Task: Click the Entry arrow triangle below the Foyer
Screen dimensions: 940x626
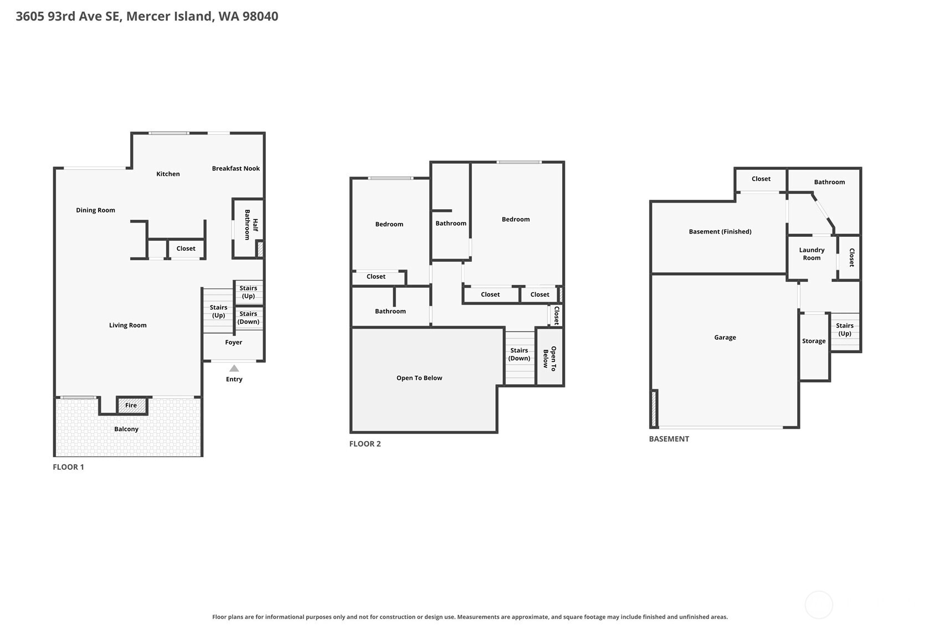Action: tap(234, 369)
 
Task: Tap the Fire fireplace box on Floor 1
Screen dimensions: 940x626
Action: tap(132, 406)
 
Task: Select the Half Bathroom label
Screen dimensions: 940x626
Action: tap(251, 225)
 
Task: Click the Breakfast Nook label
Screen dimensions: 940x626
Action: tap(236, 169)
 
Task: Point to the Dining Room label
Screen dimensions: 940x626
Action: tap(96, 210)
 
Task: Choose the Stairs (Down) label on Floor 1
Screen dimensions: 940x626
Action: tap(248, 318)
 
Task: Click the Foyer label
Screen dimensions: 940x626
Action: tap(234, 343)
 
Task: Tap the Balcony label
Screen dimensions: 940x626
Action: tap(126, 430)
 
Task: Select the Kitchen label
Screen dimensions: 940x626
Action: tap(168, 174)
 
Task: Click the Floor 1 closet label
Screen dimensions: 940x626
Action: tap(186, 249)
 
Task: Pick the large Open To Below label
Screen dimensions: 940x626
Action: tap(420, 378)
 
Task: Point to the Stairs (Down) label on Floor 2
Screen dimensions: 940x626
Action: tap(520, 354)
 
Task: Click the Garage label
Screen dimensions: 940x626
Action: tap(725, 338)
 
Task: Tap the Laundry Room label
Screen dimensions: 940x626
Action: tap(812, 254)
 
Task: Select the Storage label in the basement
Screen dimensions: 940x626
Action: tap(814, 342)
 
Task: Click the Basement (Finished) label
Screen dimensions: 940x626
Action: tap(720, 232)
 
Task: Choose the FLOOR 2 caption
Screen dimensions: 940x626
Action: tap(365, 444)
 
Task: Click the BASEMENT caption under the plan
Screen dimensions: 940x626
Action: tap(669, 439)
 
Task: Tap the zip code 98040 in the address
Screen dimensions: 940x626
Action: tap(260, 17)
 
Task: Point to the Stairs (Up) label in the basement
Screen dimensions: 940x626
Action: tap(845, 329)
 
